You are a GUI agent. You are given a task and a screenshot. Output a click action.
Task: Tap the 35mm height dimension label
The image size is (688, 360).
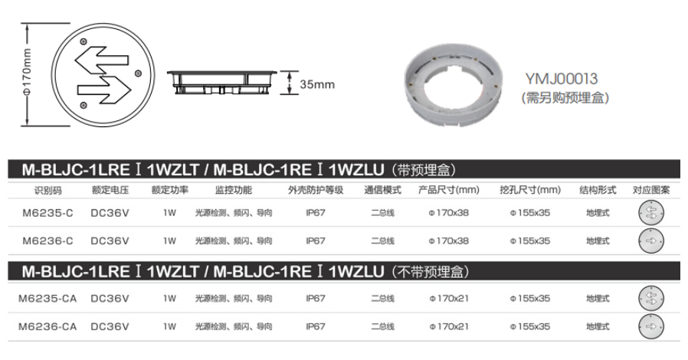point(317,84)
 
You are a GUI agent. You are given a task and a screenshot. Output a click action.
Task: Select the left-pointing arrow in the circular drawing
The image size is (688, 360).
point(102,60)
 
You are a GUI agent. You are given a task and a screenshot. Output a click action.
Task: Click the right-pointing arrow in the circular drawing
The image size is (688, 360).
point(104,90)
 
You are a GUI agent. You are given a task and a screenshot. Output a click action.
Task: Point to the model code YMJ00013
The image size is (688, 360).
point(562,79)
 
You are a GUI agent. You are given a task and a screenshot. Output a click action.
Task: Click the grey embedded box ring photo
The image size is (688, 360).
point(453,86)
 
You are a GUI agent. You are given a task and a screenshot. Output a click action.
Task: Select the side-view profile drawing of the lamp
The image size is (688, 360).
point(222,83)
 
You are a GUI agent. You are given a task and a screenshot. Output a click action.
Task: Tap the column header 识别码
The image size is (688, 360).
point(48,190)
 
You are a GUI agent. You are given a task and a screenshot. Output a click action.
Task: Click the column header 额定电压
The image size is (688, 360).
point(110,190)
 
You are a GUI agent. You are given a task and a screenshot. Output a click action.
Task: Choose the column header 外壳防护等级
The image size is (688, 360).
point(316,190)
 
